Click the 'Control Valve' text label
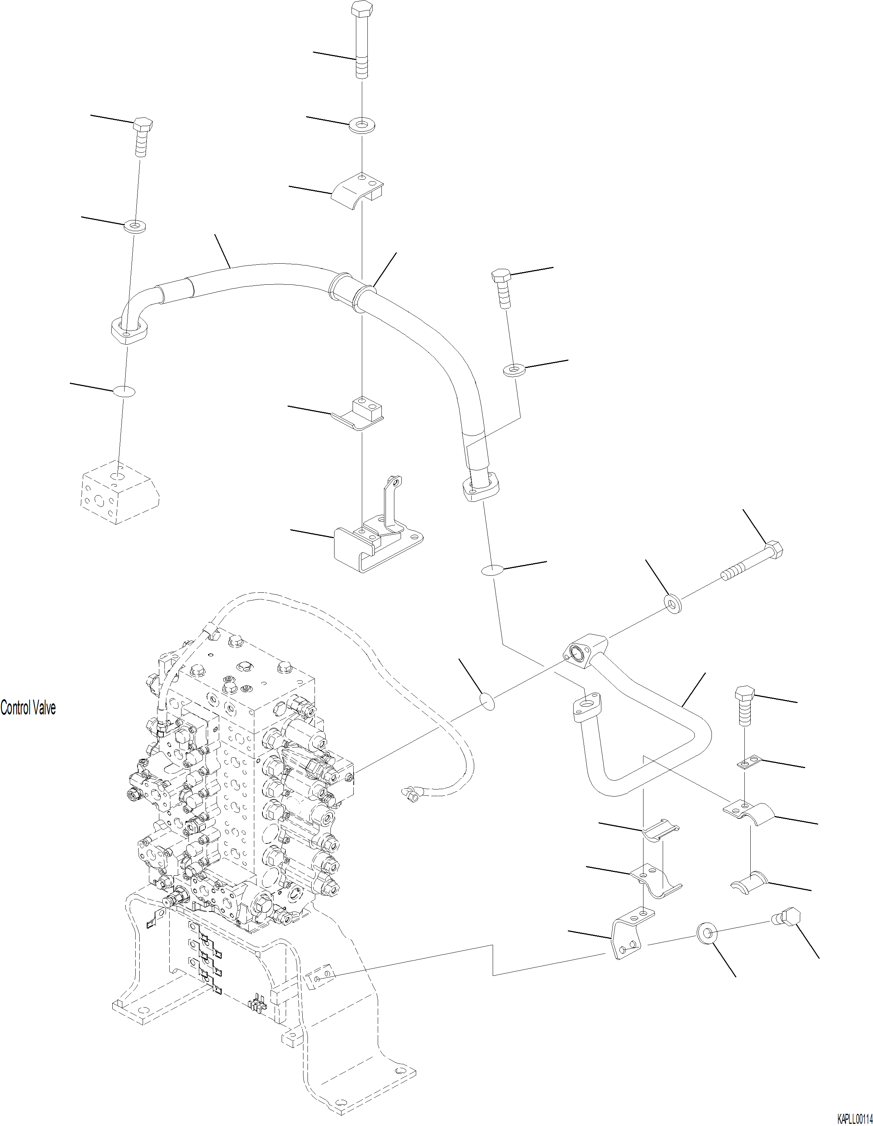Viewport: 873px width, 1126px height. (x=28, y=707)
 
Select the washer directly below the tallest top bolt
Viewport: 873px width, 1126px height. (x=363, y=124)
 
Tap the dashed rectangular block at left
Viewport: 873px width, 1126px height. (x=119, y=492)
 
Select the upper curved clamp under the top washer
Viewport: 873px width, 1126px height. (x=357, y=191)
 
